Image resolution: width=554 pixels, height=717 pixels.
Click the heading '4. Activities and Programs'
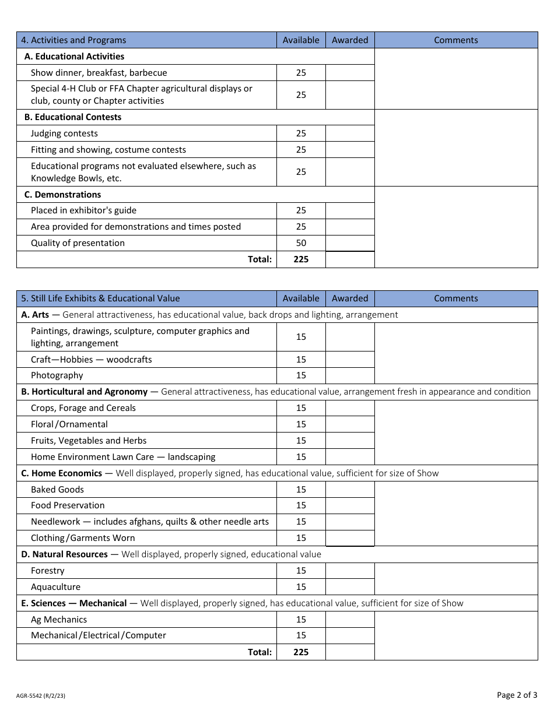[x=73, y=40]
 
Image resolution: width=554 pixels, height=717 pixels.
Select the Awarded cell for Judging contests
[x=350, y=133]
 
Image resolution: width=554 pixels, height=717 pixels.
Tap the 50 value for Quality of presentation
[x=301, y=243]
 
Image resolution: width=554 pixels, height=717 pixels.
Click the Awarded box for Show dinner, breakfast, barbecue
[x=350, y=73]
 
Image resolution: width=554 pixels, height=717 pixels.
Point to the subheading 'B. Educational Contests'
[x=73, y=117]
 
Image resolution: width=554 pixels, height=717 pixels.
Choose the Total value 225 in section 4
[x=301, y=259]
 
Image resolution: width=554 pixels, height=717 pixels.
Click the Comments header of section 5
[x=455, y=298]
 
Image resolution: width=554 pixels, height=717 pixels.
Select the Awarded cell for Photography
[x=350, y=375]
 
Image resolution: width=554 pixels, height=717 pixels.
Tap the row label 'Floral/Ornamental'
[x=69, y=424]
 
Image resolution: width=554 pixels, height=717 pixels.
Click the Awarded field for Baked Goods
[x=350, y=490]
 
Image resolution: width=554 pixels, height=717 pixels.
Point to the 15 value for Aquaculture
[x=301, y=587]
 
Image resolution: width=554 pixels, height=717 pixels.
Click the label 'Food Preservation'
[x=68, y=505]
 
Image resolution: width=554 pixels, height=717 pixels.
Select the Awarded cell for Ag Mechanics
[x=350, y=620]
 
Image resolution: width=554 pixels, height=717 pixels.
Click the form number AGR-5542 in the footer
[x=41, y=695]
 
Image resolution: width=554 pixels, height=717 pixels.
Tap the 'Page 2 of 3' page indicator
[x=517, y=695]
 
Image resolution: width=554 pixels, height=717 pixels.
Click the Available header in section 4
[x=301, y=40]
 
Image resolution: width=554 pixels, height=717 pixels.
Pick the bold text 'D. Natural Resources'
[x=64, y=554]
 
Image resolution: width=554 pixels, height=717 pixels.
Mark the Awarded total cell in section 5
[x=350, y=652]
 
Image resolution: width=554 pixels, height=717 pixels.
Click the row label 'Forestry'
[x=48, y=571]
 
